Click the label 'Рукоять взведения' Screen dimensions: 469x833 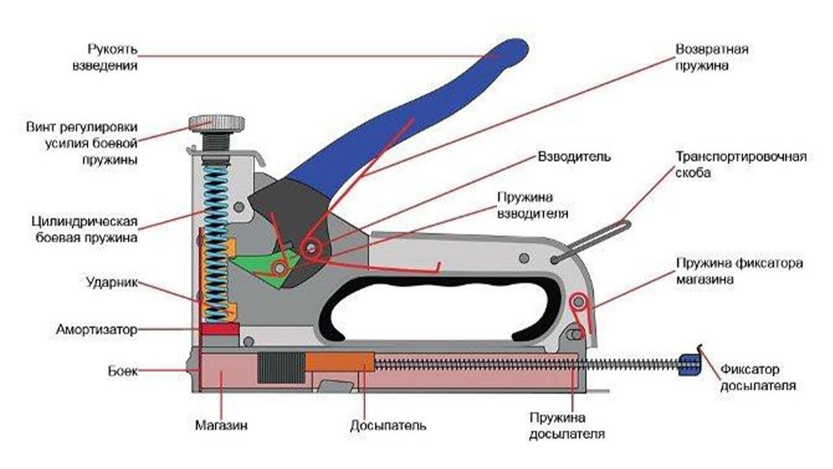(x=112, y=57)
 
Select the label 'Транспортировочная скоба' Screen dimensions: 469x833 (x=741, y=165)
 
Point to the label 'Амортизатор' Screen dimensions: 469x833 (x=96, y=330)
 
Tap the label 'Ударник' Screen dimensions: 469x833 (x=111, y=283)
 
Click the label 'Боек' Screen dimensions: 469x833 (x=122, y=371)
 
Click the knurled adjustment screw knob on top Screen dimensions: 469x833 (x=217, y=122)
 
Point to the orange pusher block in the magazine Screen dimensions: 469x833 (x=340, y=362)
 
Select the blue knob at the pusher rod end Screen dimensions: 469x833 (x=689, y=365)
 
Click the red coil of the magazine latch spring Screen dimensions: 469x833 (x=577, y=302)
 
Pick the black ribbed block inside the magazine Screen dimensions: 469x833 (x=281, y=367)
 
